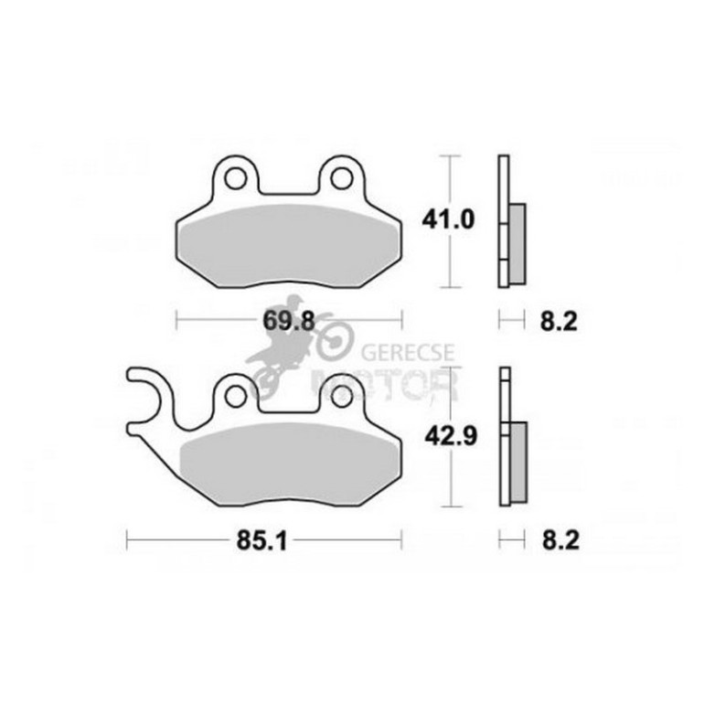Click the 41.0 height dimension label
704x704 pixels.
(x=448, y=220)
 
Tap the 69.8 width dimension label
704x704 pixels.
(x=289, y=321)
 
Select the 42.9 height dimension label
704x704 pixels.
(x=451, y=436)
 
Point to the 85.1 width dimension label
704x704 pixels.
(x=262, y=540)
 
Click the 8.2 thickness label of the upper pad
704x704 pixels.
(x=559, y=322)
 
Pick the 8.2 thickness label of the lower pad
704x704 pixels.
(x=560, y=540)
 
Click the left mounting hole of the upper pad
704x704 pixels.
(x=236, y=177)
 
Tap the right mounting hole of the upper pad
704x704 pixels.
(x=342, y=177)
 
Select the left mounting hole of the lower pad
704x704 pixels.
(x=236, y=397)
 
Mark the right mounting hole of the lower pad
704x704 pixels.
(x=342, y=397)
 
